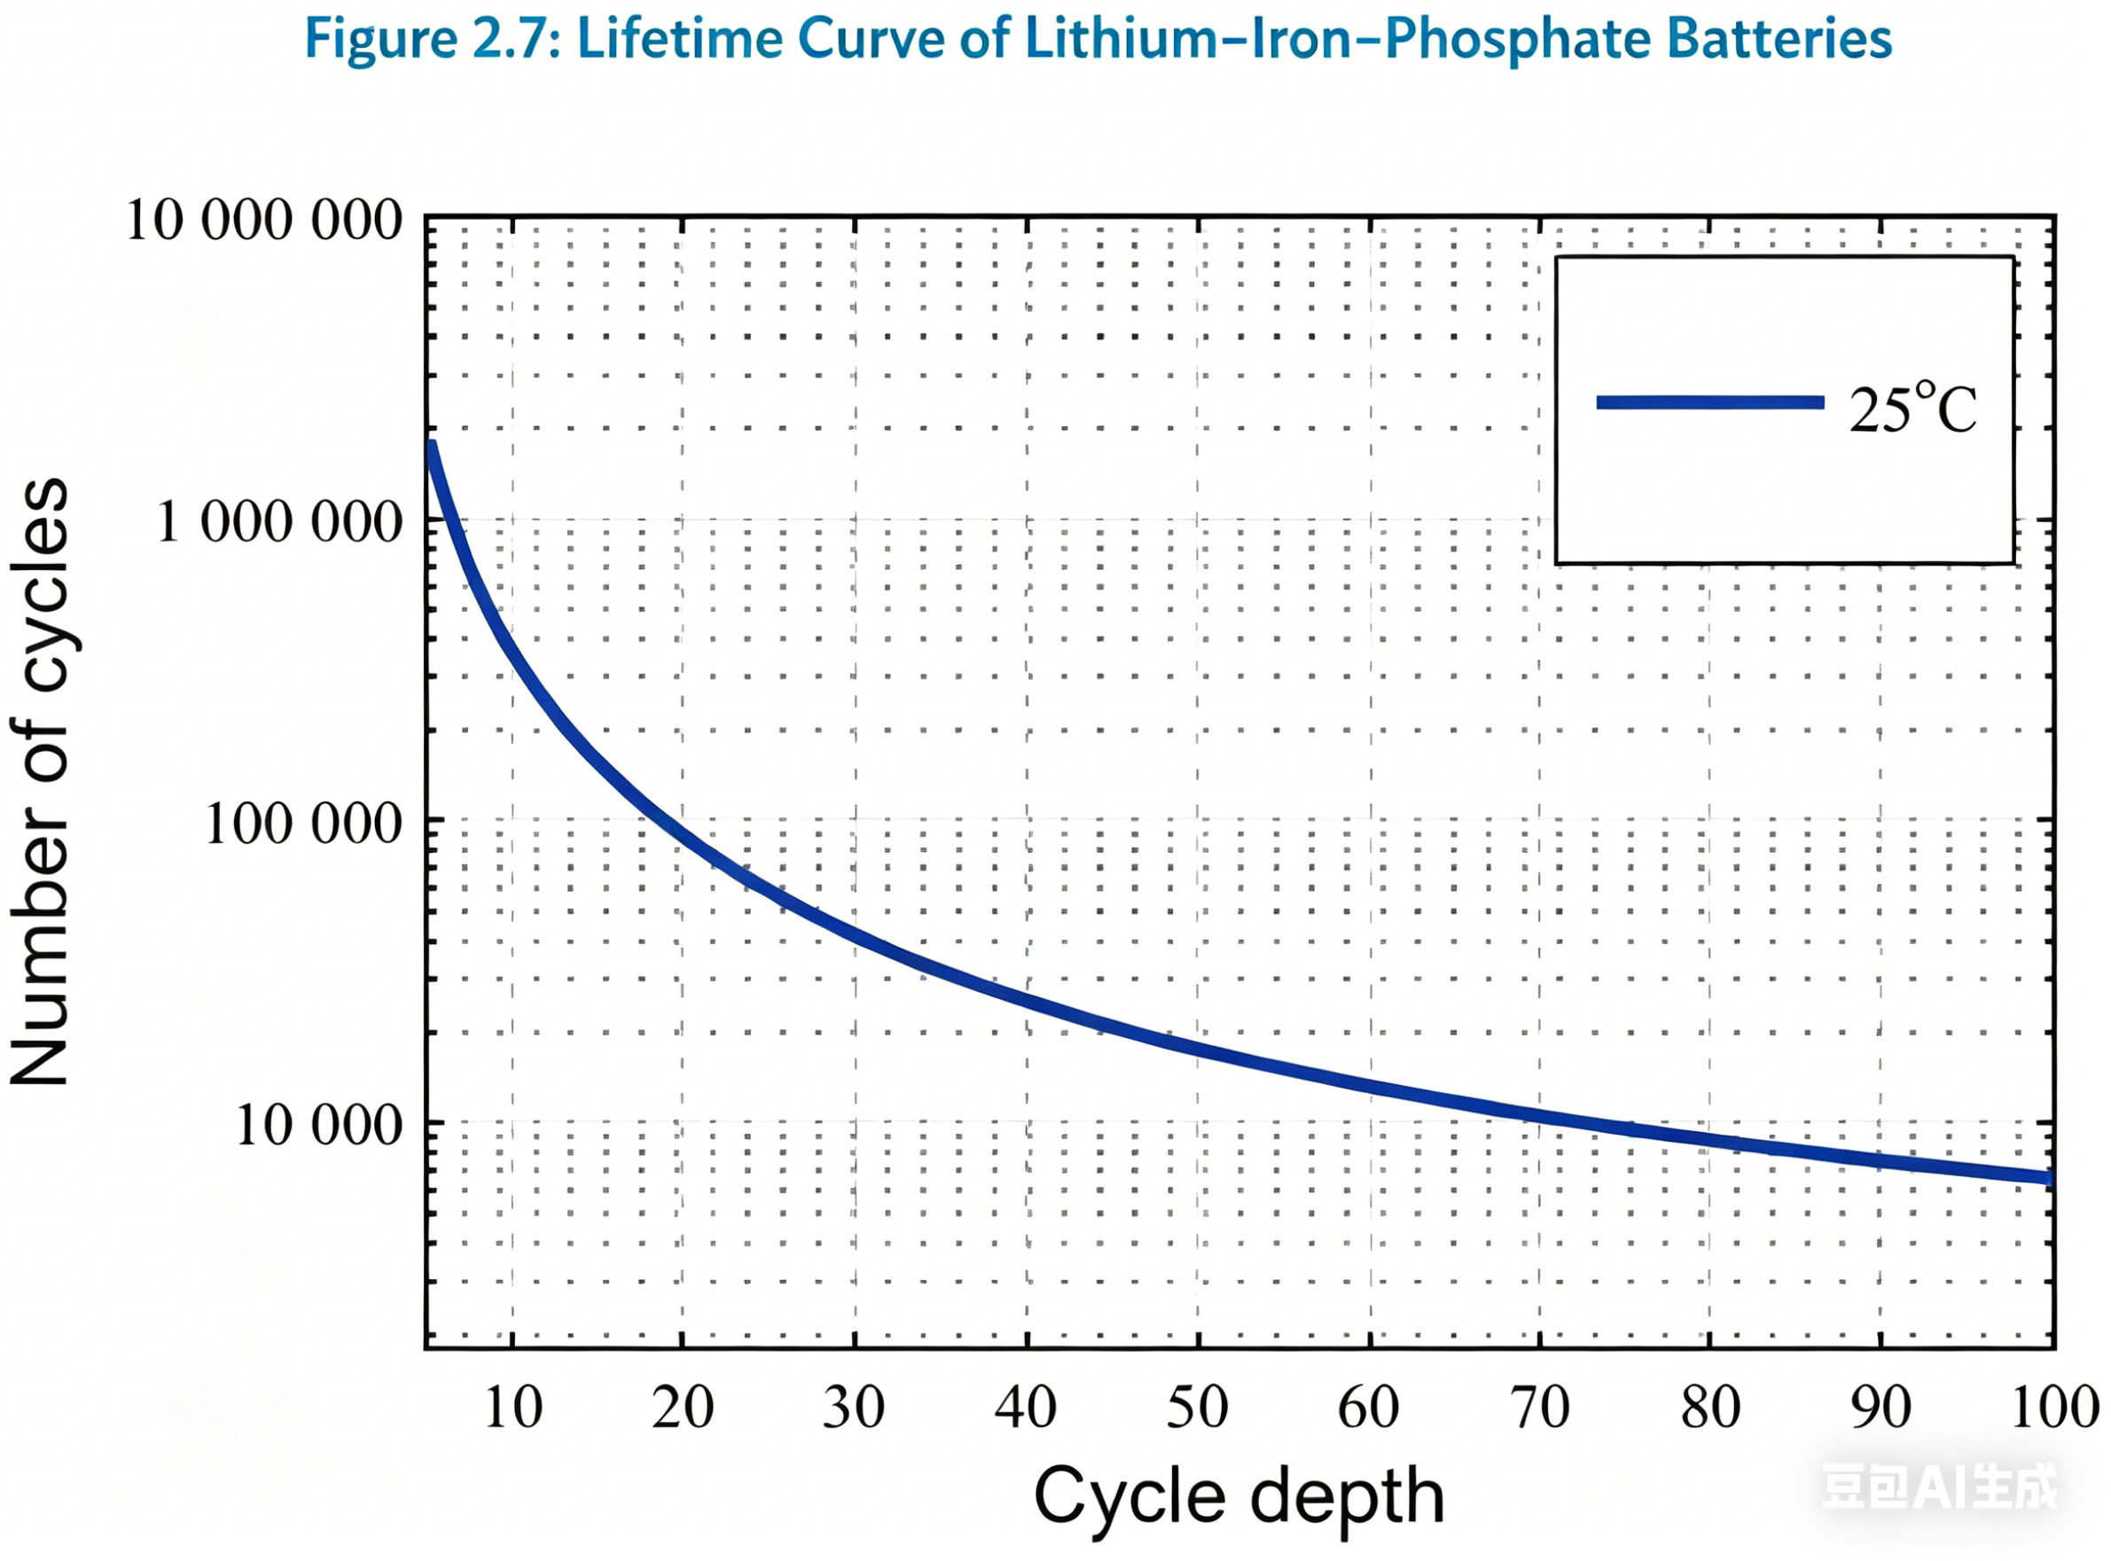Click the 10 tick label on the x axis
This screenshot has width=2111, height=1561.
(513, 1407)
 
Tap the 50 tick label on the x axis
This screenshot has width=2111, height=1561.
(1197, 1407)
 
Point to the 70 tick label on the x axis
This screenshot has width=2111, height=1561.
(1539, 1407)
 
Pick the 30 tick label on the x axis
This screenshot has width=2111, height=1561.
(854, 1407)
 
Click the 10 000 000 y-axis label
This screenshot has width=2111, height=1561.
(263, 221)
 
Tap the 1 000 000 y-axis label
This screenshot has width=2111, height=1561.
(278, 521)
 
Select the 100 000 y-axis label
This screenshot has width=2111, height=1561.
(302, 823)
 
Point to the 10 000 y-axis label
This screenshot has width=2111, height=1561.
(318, 1125)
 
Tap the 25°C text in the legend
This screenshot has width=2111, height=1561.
(1912, 410)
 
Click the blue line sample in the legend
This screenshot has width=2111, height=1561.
(1710, 402)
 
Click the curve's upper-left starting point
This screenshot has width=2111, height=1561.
(431, 444)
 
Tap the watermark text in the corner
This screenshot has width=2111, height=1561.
(1938, 1487)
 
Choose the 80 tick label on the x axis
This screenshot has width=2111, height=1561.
(1710, 1407)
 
